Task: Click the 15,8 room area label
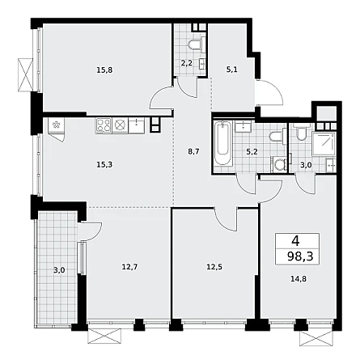(104, 70)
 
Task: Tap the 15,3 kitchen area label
(104, 164)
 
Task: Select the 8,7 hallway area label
(193, 151)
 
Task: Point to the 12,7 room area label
(129, 267)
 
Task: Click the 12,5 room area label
(214, 267)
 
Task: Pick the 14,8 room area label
(299, 279)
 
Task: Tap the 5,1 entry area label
(232, 70)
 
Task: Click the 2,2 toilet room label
(186, 64)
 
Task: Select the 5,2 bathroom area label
(252, 151)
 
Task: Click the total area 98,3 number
(300, 256)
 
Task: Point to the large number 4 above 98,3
(295, 241)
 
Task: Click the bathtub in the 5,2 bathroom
(223, 144)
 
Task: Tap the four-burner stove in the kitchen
(104, 125)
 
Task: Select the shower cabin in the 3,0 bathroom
(324, 144)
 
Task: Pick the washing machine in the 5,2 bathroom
(279, 163)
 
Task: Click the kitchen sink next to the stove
(137, 125)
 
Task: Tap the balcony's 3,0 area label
(59, 270)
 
